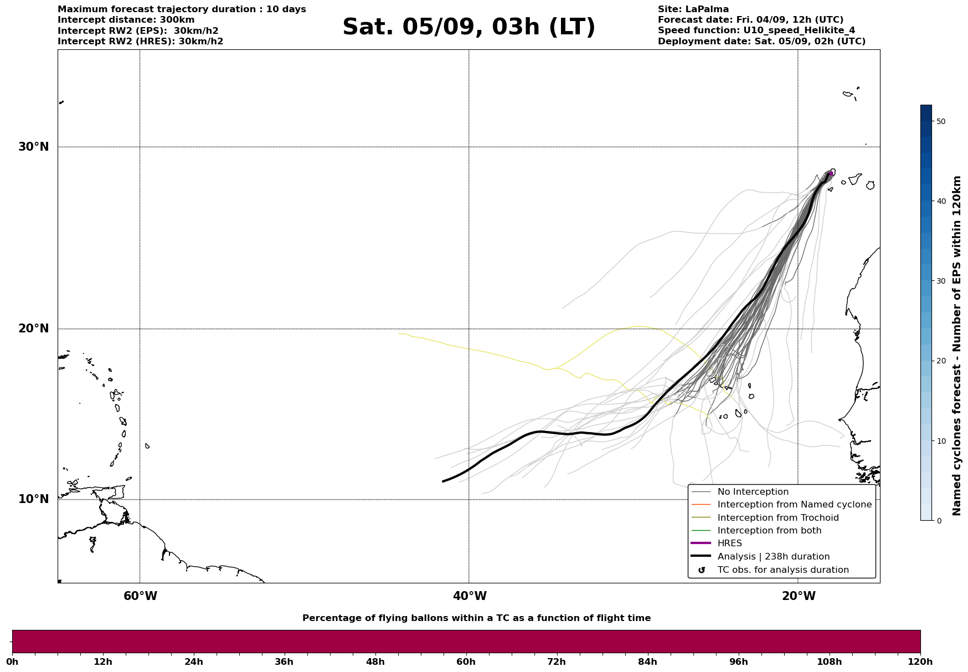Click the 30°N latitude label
coord(34,147)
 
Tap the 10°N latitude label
coord(34,499)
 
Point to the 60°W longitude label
coord(140,596)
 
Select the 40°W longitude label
coord(470,596)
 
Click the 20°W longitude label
coord(799,596)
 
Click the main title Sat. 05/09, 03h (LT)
coord(468,27)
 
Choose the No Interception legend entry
coord(740,492)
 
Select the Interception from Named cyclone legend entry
coord(781,505)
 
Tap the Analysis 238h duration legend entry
coord(760,557)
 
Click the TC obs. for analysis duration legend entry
coord(770,570)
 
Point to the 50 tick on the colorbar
coord(940,121)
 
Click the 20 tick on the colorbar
coord(940,361)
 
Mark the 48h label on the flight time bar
coord(375,662)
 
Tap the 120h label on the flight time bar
coord(920,662)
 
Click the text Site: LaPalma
coord(693,9)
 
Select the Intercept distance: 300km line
coord(126,20)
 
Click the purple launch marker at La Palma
coord(831,174)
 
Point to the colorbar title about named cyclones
coord(957,346)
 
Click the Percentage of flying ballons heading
coord(477,618)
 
